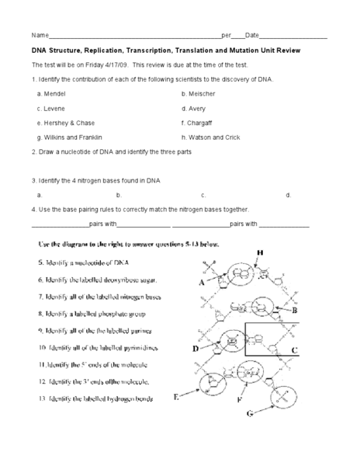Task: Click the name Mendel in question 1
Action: [54, 92]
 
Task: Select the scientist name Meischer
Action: [201, 92]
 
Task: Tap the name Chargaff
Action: [199, 122]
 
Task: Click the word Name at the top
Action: [40, 36]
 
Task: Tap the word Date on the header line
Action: [252, 36]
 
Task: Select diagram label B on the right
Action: [294, 310]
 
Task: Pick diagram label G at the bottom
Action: [250, 414]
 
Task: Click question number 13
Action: [42, 399]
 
